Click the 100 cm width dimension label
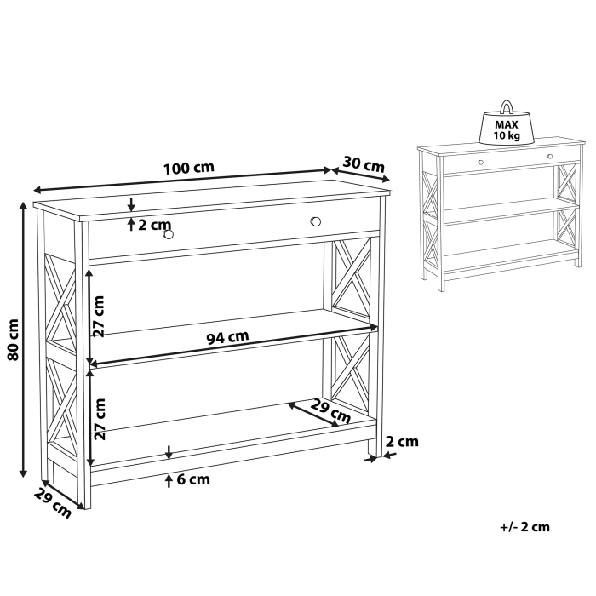point(190,167)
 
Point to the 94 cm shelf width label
point(227,336)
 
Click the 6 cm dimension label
point(192,479)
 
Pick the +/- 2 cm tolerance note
point(525,526)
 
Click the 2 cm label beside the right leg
point(402,441)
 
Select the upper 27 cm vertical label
point(99,317)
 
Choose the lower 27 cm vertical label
point(99,420)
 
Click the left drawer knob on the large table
point(168,234)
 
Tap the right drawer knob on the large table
point(316,221)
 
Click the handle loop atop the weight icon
point(507,107)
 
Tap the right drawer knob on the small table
point(549,157)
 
